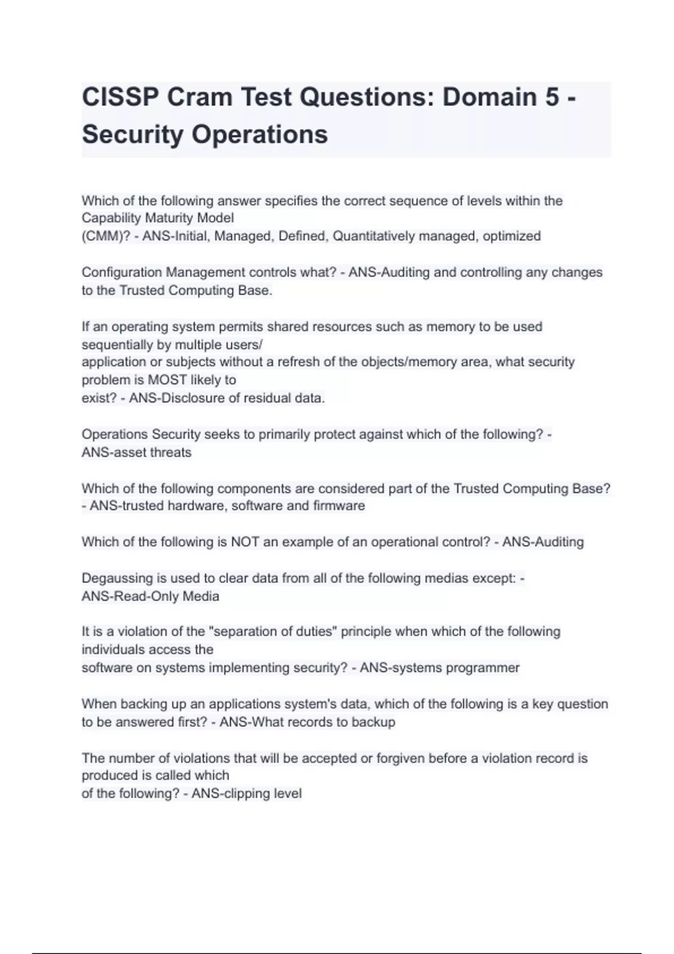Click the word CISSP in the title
[120, 97]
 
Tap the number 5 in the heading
[552, 97]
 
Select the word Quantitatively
[372, 236]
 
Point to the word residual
[265, 398]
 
